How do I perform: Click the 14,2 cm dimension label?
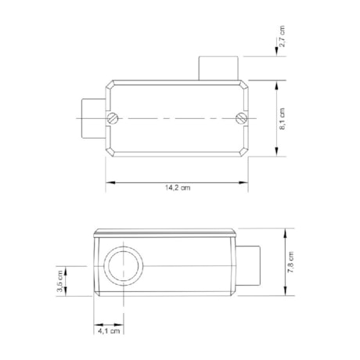point(178,188)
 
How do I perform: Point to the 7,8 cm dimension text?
point(290,262)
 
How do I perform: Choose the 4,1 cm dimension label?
point(110,332)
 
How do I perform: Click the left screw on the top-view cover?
point(113,119)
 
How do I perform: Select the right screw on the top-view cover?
point(241,119)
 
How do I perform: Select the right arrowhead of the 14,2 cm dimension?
point(245,182)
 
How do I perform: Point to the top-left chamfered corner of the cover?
point(110,83)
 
